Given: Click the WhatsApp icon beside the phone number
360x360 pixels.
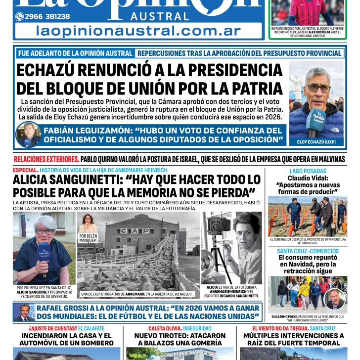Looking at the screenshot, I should coord(19,16).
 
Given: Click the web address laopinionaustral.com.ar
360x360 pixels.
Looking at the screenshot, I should coord(135,31).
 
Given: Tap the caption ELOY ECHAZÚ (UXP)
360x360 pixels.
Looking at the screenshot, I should coord(316,142).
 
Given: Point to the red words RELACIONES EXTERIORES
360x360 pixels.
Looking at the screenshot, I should coord(46,159).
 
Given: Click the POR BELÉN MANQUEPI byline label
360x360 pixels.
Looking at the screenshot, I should coord(88,238).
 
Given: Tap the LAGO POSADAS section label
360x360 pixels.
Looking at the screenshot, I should coord(308,171).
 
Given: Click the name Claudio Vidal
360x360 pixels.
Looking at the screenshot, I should coord(308,178).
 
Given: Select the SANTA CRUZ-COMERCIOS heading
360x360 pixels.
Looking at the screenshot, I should coord(308,251).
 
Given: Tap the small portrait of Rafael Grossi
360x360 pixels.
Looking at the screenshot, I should coord(24,312).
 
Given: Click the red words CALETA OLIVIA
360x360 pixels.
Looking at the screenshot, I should coord(164,328).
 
